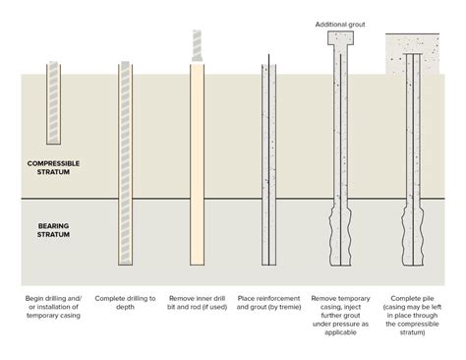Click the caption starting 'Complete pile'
(x=412, y=305)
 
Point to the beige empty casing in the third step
(x=196, y=167)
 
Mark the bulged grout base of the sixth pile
(x=411, y=231)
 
